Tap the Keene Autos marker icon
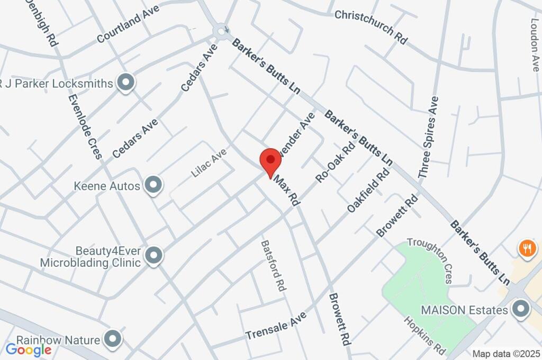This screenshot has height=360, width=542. click(153, 185)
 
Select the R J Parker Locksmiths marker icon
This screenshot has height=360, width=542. click(125, 83)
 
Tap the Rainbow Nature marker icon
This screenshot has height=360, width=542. click(113, 339)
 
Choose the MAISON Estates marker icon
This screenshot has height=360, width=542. click(520, 309)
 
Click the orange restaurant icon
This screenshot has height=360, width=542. click(526, 248)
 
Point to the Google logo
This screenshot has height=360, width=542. click(28, 349)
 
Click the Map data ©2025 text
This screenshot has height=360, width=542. click(507, 354)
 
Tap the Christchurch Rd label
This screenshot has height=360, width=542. click(371, 23)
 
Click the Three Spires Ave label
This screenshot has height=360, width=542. click(428, 137)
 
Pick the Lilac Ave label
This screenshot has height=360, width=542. click(209, 162)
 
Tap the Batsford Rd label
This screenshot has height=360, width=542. click(273, 266)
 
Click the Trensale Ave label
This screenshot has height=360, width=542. click(276, 326)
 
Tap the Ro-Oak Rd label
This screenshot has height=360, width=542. click(335, 162)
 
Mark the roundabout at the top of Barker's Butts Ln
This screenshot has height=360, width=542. click(221, 31)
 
